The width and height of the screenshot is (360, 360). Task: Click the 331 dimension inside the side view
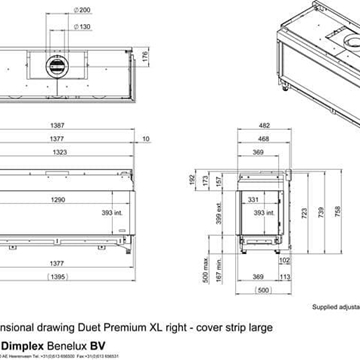point(254,200)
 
